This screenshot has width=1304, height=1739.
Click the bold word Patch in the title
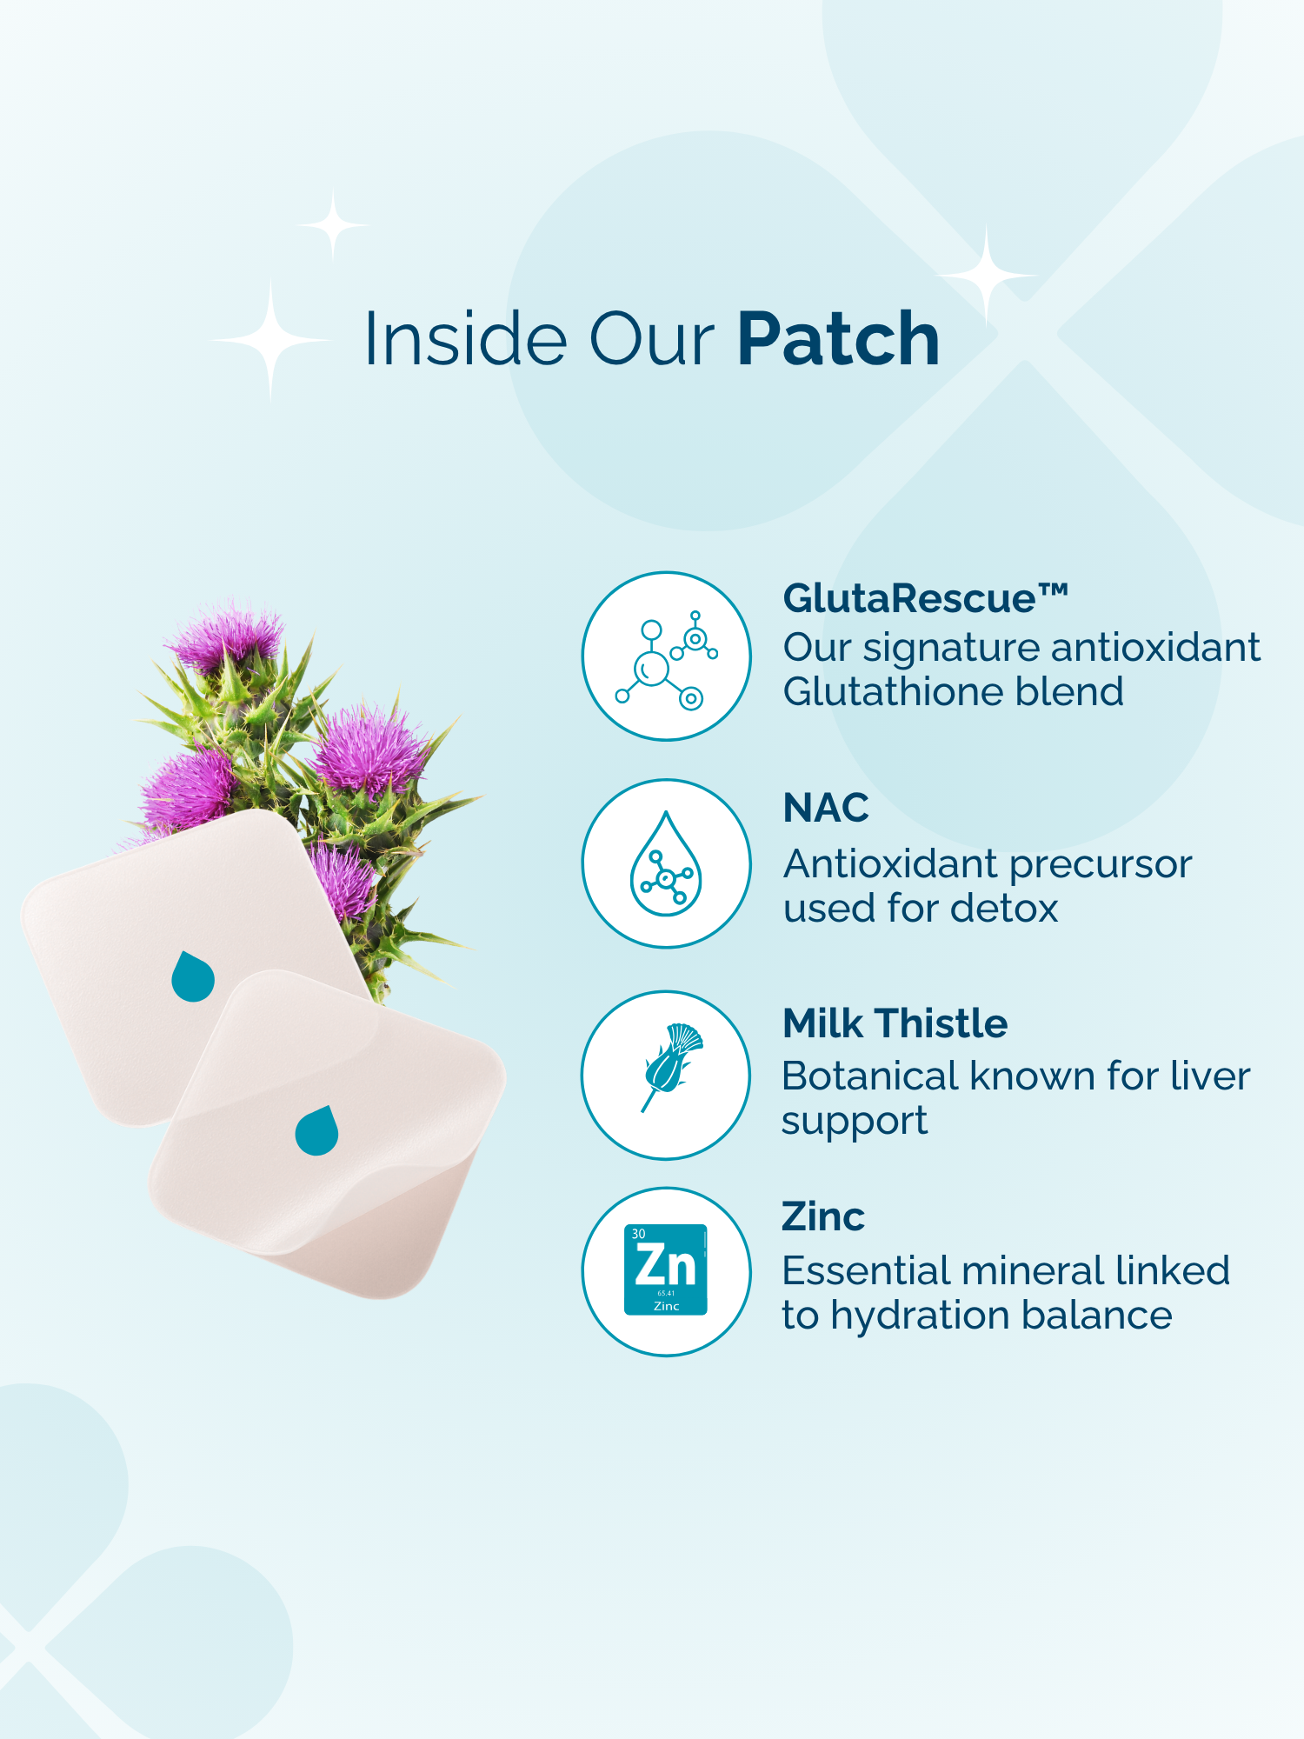coord(839,338)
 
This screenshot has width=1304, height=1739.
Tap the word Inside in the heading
coord(464,338)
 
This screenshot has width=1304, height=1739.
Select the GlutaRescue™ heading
coord(926,598)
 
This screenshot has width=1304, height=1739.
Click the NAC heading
coord(826,808)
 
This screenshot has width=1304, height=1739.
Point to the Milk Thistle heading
coord(895,1023)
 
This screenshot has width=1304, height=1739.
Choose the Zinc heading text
coord(823,1216)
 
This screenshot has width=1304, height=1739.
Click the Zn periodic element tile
coord(666,1269)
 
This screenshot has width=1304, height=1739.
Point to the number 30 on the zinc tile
coord(639,1234)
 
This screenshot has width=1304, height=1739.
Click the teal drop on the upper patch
coord(193,976)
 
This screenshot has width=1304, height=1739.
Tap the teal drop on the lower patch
coord(316,1130)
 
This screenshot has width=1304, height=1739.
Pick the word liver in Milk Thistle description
coord(1210,1076)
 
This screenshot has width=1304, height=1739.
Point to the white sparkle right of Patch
coord(987,275)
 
